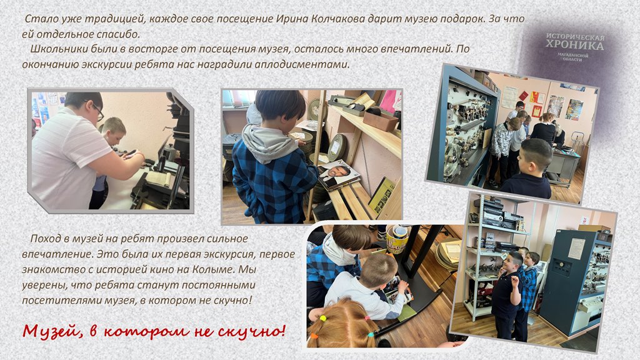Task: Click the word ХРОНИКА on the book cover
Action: [x=574, y=45]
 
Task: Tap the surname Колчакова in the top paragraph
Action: [x=338, y=19]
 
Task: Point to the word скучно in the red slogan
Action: [x=249, y=331]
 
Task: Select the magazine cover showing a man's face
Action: [x=338, y=174]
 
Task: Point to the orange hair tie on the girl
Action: [x=314, y=336]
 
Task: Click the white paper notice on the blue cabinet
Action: [x=576, y=249]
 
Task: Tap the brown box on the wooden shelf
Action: [x=379, y=120]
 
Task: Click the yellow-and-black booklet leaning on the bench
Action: [x=383, y=196]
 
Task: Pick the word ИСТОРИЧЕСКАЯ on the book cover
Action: [x=576, y=36]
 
